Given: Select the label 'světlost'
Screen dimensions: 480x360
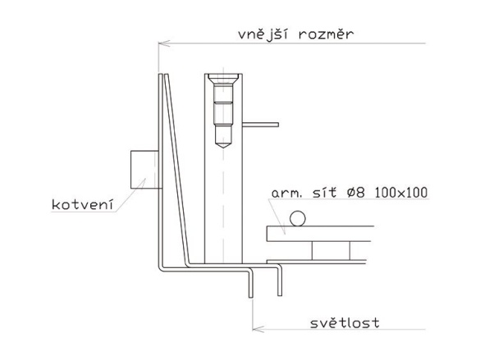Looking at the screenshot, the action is [345, 322].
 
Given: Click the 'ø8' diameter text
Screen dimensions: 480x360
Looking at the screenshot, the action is [356, 193].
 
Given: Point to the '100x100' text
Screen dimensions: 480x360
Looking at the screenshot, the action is [400, 193].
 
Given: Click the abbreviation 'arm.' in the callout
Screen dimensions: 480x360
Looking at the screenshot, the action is [286, 194].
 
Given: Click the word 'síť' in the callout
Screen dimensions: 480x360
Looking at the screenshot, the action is [324, 193].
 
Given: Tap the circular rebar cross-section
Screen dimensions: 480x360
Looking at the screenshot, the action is [298, 218].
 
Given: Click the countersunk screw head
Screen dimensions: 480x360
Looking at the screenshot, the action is [223, 79].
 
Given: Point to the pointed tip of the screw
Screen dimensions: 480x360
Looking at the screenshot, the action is [223, 148].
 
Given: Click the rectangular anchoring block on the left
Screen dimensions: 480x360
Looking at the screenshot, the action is [144, 170].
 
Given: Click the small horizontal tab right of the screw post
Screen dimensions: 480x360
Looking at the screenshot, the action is [260, 125].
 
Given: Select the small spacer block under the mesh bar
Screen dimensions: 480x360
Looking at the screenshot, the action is [331, 251].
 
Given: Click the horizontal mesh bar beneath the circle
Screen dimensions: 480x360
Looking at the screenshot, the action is [320, 234].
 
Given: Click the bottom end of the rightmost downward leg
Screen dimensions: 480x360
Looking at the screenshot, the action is [280, 295].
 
